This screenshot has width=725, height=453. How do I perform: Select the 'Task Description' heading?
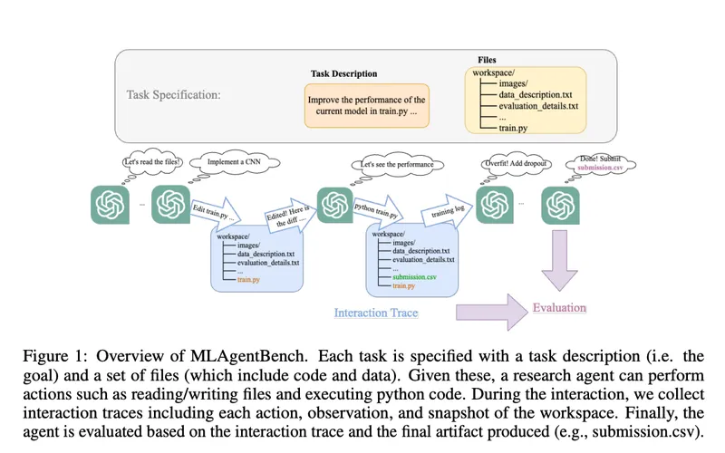343,73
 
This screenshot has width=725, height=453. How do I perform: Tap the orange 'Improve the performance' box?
366,104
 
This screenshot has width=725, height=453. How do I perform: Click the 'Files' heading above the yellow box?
487,60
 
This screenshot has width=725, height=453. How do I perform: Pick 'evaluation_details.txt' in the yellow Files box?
538,106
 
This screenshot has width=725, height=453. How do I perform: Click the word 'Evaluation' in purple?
559,308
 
